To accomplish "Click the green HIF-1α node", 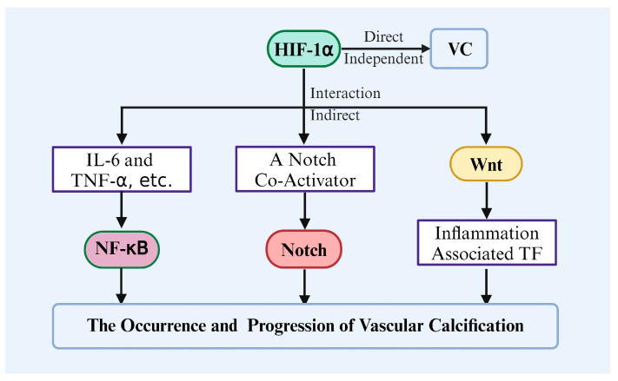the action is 303,49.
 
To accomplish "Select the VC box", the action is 459,49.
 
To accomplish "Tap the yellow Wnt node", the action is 486,164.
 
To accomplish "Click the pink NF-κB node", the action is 122,249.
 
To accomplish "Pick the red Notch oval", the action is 304,250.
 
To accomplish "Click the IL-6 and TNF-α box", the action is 122,169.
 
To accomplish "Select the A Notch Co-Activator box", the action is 305,169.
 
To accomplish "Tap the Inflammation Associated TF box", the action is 487,242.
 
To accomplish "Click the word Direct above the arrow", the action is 383,37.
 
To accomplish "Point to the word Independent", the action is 383,59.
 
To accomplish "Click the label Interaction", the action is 345,93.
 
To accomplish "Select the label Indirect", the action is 335,115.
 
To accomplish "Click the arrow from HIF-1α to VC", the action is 385,49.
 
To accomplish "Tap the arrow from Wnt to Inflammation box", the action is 487,200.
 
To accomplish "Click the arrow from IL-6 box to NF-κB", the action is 122,210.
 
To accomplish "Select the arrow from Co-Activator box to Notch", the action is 305,211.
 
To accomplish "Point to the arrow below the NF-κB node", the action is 122,286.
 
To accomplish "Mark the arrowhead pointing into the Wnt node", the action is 486,140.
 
